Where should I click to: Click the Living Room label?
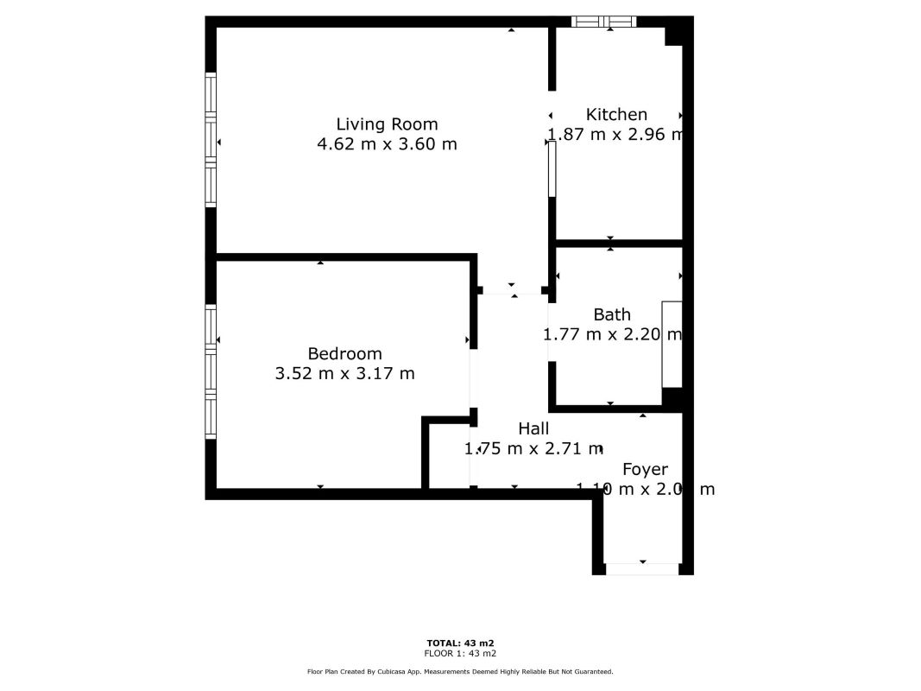[x=387, y=124]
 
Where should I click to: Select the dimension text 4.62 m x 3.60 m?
[x=387, y=144]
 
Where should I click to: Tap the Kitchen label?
[x=616, y=114]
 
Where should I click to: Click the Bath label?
[x=611, y=314]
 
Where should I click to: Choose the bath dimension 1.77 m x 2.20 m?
[x=613, y=334]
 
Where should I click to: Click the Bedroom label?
[x=344, y=353]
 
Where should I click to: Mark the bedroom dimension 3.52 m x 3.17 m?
[x=344, y=373]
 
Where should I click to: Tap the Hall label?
[x=533, y=428]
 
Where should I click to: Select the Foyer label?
[x=645, y=469]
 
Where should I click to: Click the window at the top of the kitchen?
[x=605, y=22]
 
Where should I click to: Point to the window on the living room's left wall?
[x=210, y=140]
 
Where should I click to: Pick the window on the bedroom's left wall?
[x=210, y=371]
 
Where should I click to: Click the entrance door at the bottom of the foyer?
[x=642, y=569]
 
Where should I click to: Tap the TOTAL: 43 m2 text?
[x=460, y=643]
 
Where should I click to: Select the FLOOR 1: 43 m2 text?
[x=460, y=653]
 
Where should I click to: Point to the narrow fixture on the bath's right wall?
[x=672, y=345]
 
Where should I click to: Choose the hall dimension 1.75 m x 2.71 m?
[x=533, y=448]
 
